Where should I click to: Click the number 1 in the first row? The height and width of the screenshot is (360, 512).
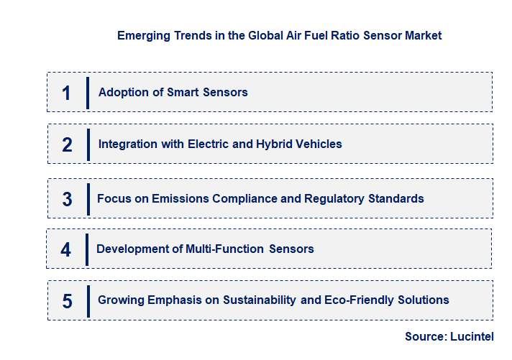click(66, 93)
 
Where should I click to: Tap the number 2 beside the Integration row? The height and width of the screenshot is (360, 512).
click(67, 144)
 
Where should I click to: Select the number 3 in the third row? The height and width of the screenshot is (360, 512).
click(67, 199)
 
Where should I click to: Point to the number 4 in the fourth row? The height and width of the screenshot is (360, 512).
click(66, 250)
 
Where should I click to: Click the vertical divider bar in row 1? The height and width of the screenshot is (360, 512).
click(87, 93)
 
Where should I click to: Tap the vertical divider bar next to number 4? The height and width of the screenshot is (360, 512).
click(86, 249)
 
